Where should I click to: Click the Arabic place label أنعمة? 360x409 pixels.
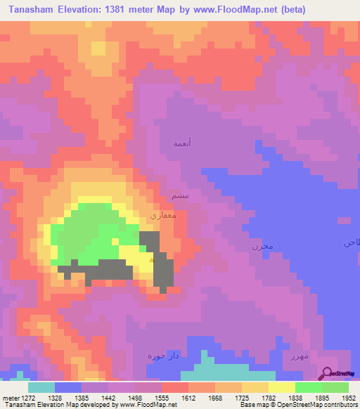tap(182, 143)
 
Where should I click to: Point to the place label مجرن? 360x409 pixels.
tap(261, 247)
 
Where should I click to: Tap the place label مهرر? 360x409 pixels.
tap(299, 356)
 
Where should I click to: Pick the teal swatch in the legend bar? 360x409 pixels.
tap(41, 387)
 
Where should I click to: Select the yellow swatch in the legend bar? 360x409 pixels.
tap(282, 387)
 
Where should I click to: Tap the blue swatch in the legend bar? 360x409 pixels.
tap(68, 387)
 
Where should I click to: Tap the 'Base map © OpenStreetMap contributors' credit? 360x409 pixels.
tap(297, 405)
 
